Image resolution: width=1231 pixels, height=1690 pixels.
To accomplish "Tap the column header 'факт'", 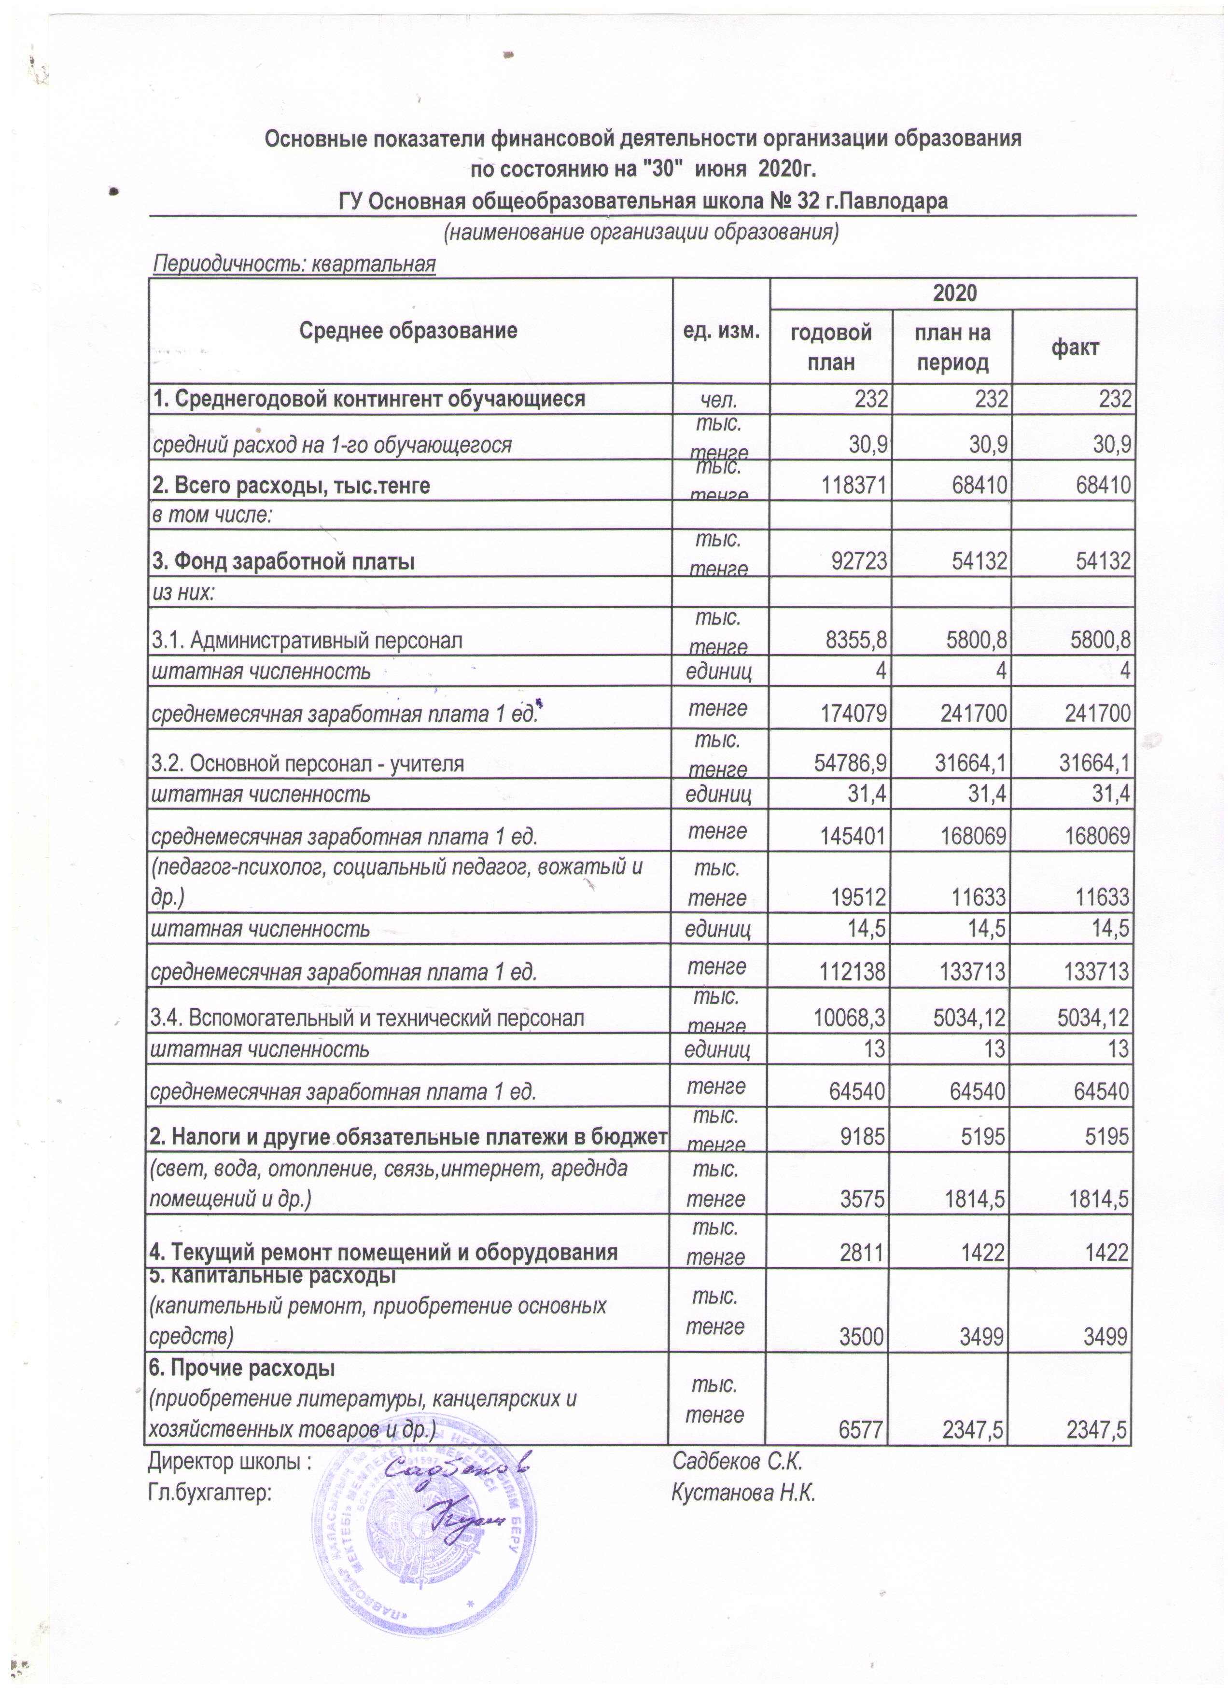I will pos(1075,347).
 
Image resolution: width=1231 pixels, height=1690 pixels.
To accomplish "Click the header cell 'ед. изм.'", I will pos(721,331).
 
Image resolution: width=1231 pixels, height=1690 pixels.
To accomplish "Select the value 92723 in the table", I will pos(861,562).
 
